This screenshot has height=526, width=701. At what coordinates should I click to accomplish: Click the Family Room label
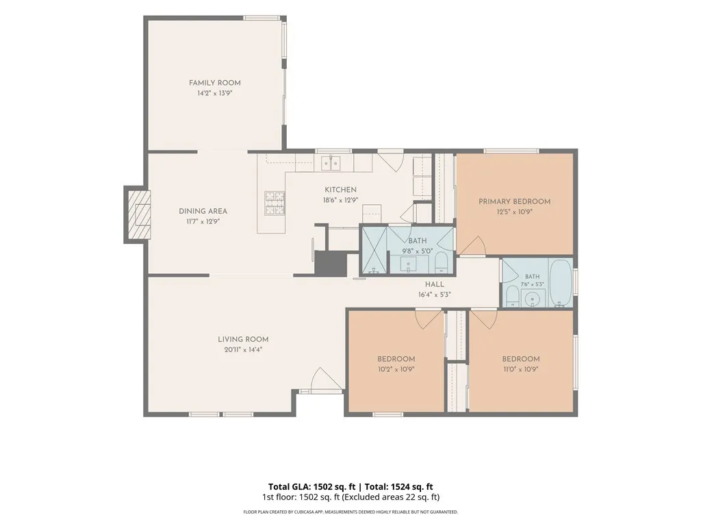coord(214,83)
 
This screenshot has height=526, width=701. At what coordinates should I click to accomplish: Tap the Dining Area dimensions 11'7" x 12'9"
coord(203,221)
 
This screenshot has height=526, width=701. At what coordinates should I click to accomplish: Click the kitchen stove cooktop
coord(275,203)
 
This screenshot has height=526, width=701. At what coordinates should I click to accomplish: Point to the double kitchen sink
coord(331,163)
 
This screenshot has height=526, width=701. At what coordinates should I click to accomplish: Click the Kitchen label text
coord(340,190)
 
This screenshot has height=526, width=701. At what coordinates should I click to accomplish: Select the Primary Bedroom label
coord(515,201)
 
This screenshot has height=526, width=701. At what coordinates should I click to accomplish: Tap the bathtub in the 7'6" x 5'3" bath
coord(561,283)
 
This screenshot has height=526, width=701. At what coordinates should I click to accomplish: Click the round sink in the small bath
coord(533,299)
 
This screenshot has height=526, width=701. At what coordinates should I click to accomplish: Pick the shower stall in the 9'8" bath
coord(374,251)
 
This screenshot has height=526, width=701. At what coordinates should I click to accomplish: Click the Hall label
coord(435,284)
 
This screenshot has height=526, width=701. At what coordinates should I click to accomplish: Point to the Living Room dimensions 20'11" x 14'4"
coord(243,350)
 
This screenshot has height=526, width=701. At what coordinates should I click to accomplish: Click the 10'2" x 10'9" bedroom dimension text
coord(396,369)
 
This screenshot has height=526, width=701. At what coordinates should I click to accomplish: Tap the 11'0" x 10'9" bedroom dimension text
coord(521,369)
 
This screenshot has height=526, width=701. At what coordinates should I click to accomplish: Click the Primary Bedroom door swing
coord(472,246)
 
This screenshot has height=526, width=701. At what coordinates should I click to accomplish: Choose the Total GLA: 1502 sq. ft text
coord(311,487)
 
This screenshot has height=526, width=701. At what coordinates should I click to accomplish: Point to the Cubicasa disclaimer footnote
coord(350,512)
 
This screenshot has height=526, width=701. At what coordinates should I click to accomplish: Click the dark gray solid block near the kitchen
coord(331,264)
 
